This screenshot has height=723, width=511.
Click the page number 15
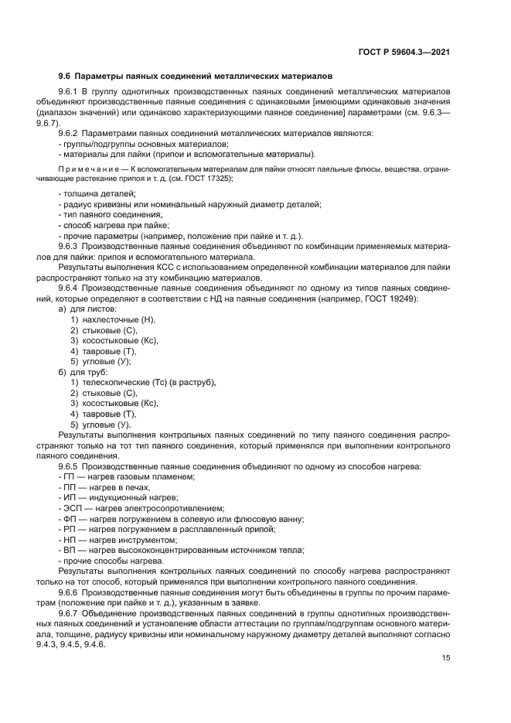[446, 658]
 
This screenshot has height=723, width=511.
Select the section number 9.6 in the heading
[65, 77]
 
